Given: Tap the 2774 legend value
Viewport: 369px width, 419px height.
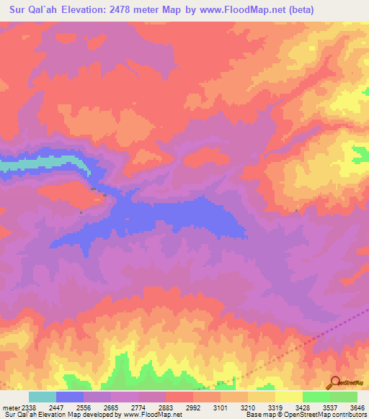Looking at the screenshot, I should coord(140,407).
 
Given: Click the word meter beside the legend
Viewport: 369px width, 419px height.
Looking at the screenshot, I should coord(9,407).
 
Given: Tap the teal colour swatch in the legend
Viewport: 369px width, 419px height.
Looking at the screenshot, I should coord(42,397).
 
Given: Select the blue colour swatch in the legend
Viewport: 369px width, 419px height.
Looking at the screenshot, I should coord(70,397).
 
